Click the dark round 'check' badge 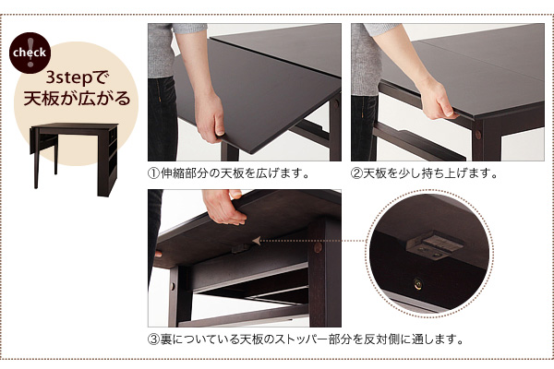coord(30,53)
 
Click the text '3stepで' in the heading coord(76,78)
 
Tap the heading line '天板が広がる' coord(77,98)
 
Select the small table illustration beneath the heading coord(74,159)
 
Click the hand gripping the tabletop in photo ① coord(211,117)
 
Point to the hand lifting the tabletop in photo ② coord(437,99)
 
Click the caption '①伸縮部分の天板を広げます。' coord(229,173)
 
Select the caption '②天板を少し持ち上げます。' coord(425,173)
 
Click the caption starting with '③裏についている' coord(306,339)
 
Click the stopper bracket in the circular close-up coord(435,245)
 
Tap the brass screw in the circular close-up coord(418,283)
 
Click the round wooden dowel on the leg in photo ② coord(478,135)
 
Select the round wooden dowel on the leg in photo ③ coord(318,247)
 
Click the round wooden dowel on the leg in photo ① coord(336,104)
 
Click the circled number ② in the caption coord(356,173)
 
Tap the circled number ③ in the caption coord(153,339)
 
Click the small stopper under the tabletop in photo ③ coord(240,248)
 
